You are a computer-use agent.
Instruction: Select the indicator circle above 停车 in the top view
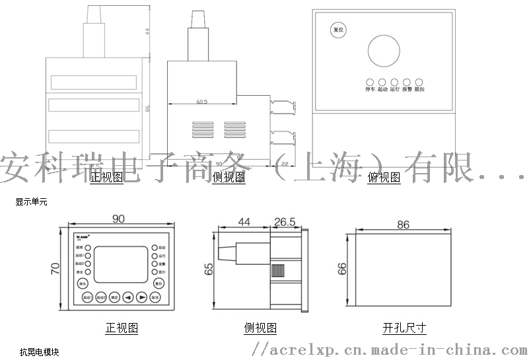[370, 81]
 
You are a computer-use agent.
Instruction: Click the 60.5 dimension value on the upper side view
[201, 102]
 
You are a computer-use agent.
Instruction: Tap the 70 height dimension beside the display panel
[55, 269]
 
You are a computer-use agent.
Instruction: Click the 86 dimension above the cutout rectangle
[404, 225]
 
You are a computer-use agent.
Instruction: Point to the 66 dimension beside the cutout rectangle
[342, 269]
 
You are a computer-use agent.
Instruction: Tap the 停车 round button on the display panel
[83, 283]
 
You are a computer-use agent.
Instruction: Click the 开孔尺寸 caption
[404, 328]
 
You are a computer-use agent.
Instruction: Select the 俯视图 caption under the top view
[384, 177]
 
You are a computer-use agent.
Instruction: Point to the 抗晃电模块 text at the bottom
[34, 351]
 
